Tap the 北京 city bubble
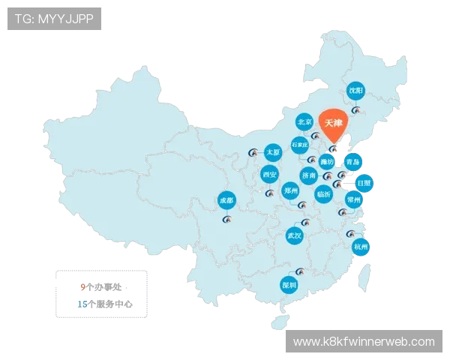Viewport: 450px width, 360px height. click(x=304, y=121)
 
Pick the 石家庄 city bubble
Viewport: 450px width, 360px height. click(x=300, y=144)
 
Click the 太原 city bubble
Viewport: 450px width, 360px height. click(x=273, y=152)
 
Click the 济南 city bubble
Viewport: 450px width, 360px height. click(x=309, y=175)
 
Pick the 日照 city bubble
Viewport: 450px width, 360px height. click(x=363, y=182)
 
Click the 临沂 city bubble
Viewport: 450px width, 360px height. click(x=324, y=193)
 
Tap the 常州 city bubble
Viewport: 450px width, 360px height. click(x=354, y=199)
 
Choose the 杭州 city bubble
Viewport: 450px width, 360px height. click(x=361, y=247)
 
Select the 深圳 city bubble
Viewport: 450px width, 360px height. click(x=289, y=285)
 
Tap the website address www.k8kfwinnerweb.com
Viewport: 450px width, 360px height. click(x=364, y=342)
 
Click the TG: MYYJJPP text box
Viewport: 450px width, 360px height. click(x=54, y=19)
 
